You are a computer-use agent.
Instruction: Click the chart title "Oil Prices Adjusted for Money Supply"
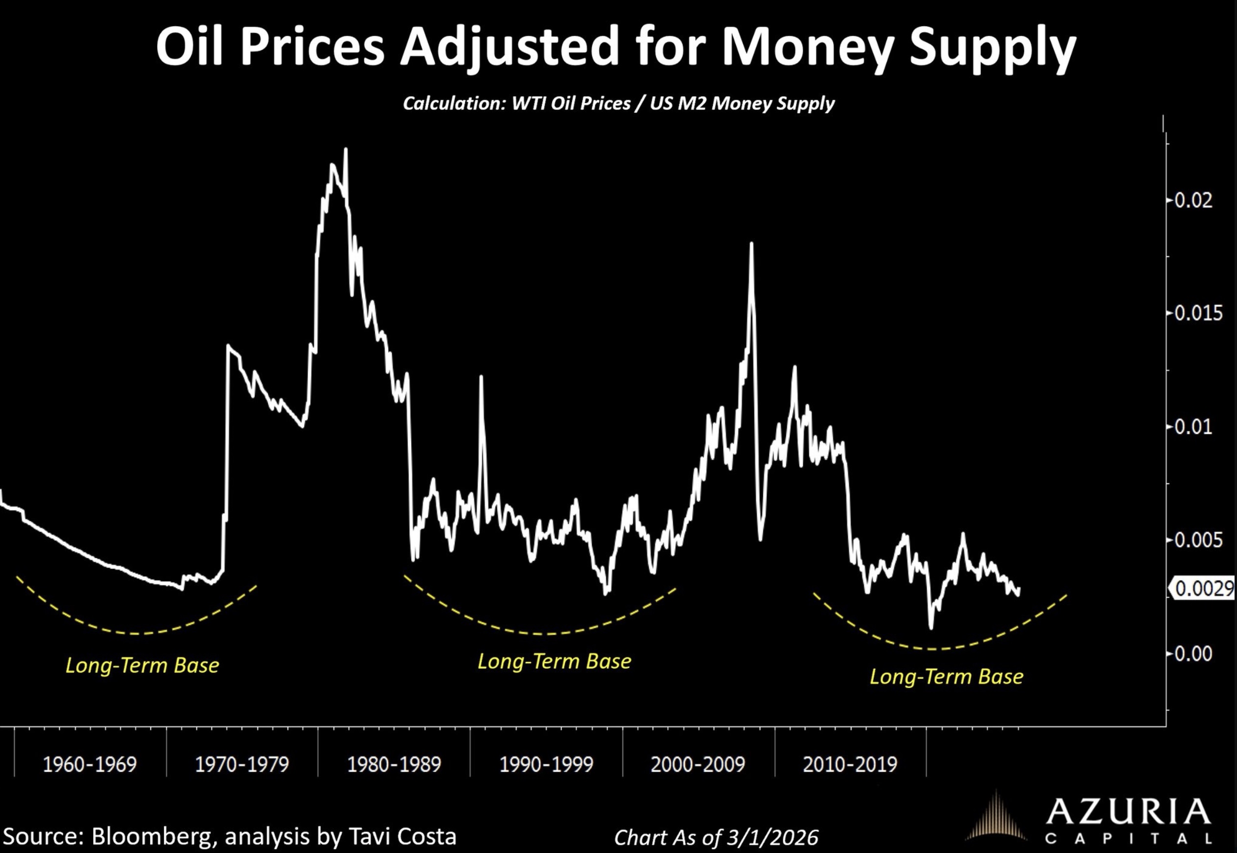point(616,47)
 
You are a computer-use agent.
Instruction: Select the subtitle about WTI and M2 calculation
point(618,103)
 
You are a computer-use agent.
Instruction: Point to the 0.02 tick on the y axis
point(1193,201)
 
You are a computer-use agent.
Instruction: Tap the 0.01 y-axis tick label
point(1193,427)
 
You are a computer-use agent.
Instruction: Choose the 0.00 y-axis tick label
point(1193,654)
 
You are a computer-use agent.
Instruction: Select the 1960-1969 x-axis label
point(90,764)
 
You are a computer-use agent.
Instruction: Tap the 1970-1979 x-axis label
point(242,764)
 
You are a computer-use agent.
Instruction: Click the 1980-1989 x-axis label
point(394,764)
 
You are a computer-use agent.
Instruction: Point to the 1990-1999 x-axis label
point(546,764)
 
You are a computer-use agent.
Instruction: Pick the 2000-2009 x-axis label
point(698,764)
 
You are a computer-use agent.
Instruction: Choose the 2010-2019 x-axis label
point(850,764)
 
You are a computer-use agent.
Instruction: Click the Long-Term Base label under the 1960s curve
point(142,666)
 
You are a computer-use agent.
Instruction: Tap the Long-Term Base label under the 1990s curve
point(554,661)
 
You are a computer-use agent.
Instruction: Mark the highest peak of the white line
point(346,149)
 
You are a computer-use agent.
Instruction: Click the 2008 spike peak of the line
point(751,244)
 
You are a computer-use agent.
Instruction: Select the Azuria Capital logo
point(1091,823)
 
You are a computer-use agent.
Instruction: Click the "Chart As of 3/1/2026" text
point(716,837)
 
